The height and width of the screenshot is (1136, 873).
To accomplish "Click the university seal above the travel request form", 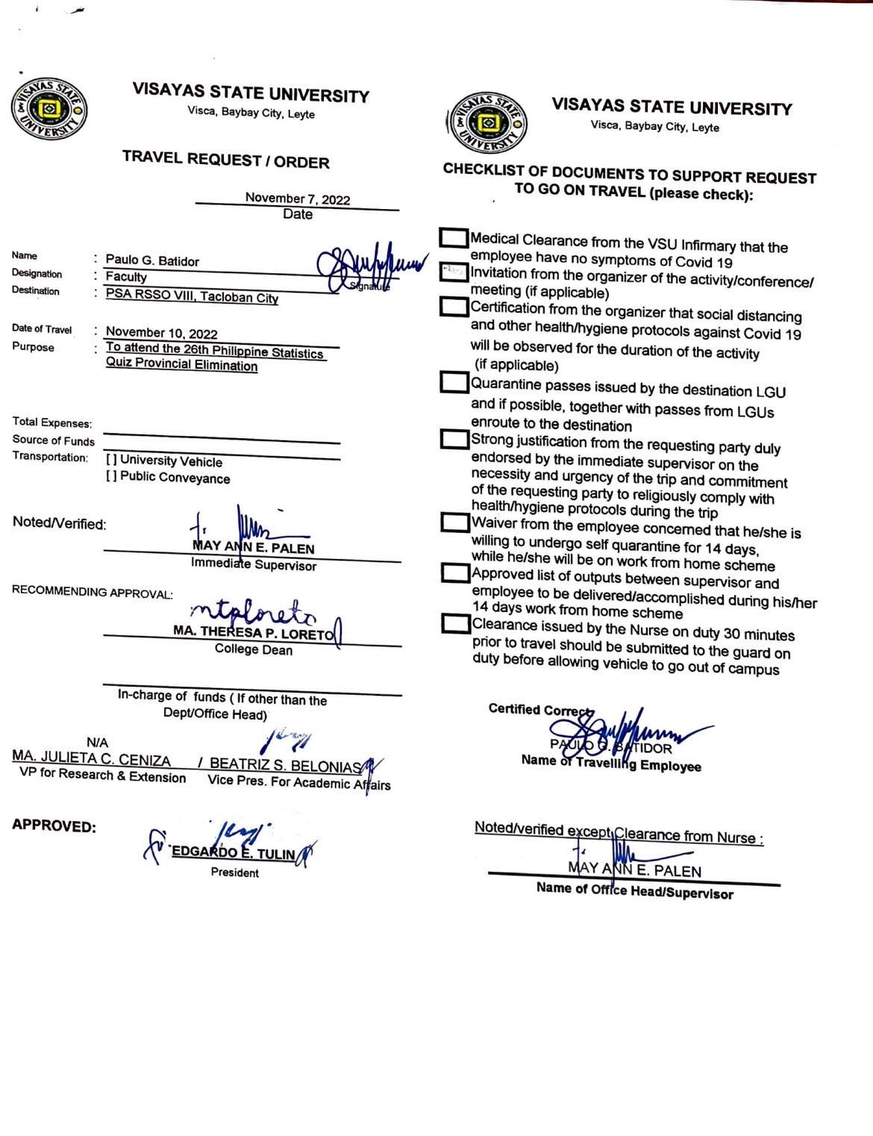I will click(x=48, y=110).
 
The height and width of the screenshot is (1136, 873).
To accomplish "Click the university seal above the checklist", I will click(x=488, y=122).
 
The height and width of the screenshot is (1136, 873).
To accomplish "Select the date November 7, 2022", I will click(x=297, y=199).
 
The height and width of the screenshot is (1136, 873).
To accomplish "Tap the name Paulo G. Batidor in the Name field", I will click(x=152, y=260).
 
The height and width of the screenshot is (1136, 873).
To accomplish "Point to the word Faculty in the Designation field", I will click(x=126, y=277).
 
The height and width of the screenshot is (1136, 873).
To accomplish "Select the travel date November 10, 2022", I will click(x=161, y=332).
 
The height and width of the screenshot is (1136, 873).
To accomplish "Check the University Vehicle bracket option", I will click(x=111, y=460).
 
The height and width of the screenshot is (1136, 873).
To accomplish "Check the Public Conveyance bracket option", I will click(x=111, y=477).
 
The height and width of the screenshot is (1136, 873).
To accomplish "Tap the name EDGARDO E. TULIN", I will click(x=234, y=853).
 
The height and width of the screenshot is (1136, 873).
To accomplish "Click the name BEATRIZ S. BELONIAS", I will click(x=285, y=765).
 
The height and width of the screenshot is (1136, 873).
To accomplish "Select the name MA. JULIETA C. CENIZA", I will click(x=91, y=760).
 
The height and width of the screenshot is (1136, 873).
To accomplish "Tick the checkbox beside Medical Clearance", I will click(x=453, y=237).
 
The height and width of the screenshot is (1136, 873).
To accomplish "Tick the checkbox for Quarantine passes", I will click(x=453, y=381).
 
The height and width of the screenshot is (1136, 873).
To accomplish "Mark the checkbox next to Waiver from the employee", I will click(x=454, y=522).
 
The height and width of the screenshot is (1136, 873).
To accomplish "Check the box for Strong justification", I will click(x=453, y=438).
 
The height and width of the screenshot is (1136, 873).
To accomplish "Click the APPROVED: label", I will click(x=54, y=826).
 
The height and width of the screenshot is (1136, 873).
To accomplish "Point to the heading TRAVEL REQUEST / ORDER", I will click(x=225, y=160).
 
